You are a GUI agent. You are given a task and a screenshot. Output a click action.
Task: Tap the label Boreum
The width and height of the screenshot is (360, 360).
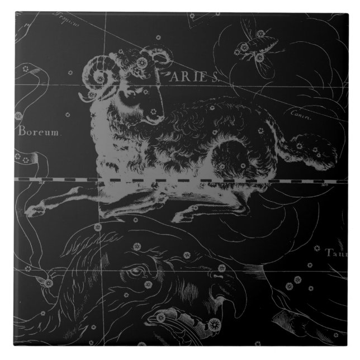(x=35, y=132)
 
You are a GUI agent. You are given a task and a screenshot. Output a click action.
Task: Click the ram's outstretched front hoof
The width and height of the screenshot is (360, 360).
(x=35, y=211)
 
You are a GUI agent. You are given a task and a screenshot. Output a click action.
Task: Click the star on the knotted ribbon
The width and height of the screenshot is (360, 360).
(x=49, y=282)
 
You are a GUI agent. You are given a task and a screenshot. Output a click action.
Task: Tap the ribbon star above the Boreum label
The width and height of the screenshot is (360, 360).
(x=18, y=116)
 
